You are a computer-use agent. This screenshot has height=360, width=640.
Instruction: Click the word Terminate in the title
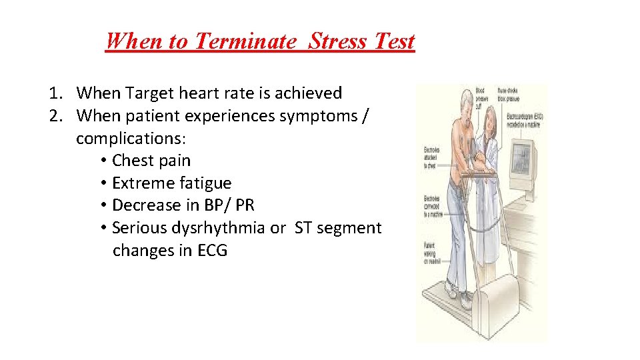pyautogui.click(x=243, y=41)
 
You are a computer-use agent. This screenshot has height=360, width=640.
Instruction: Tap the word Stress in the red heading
pyautogui.click(x=339, y=41)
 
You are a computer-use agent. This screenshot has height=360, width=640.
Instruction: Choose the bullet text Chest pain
pyautogui.click(x=151, y=161)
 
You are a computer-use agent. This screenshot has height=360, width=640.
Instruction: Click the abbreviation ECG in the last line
pyautogui.click(x=212, y=251)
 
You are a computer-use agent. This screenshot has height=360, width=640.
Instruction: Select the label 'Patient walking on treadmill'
pyautogui.click(x=429, y=254)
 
